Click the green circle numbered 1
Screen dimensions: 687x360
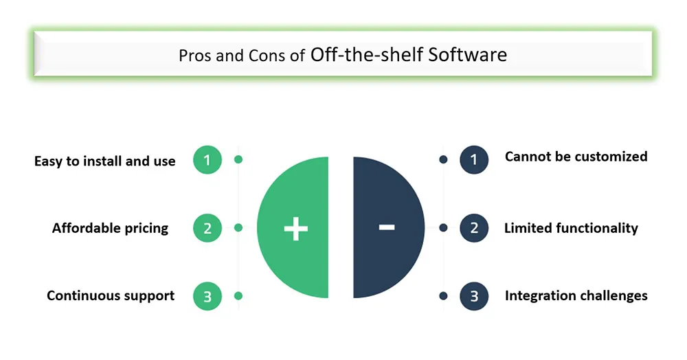(x=207, y=160)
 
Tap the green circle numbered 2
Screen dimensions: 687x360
(x=207, y=228)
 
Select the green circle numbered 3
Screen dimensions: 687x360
(x=207, y=296)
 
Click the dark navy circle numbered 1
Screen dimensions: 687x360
(x=474, y=160)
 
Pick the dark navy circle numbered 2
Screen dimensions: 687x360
(x=474, y=228)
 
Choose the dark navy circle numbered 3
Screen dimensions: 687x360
(x=474, y=296)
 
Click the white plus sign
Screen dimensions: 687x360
(x=295, y=229)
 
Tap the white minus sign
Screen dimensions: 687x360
(x=386, y=227)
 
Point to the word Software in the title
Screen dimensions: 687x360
(x=467, y=55)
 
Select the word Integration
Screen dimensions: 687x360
(x=541, y=296)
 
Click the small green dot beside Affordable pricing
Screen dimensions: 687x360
(x=238, y=227)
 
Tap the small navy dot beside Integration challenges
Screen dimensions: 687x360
(x=443, y=296)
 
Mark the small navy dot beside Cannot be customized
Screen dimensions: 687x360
(x=443, y=160)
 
